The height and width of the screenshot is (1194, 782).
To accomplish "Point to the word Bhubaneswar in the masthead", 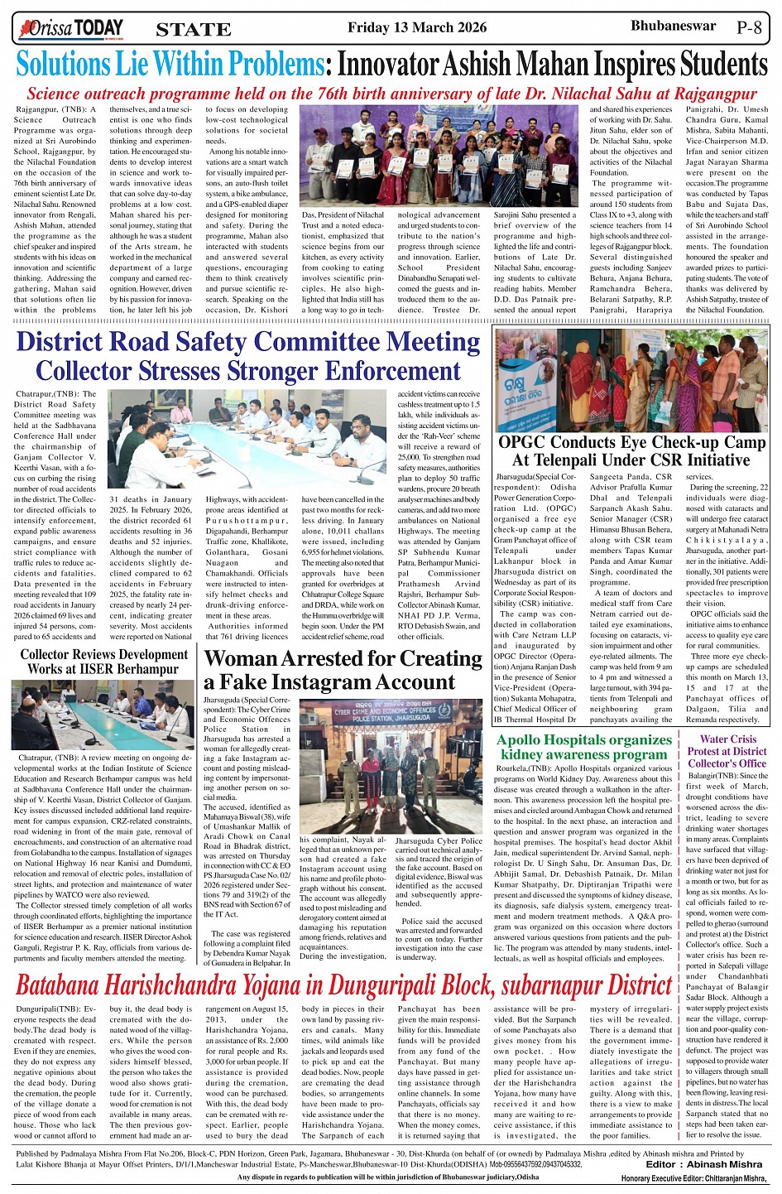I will pos(673,26).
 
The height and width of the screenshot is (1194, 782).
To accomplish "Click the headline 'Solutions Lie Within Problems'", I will pos(170,64).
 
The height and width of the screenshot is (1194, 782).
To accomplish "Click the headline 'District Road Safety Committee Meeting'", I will pos(247,341).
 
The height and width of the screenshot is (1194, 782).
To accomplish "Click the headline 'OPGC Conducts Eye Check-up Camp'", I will pos(631,442).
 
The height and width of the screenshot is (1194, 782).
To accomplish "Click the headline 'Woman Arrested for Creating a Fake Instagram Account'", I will pos(343,670).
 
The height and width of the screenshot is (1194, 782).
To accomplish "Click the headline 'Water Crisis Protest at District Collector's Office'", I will pos(727,751).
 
